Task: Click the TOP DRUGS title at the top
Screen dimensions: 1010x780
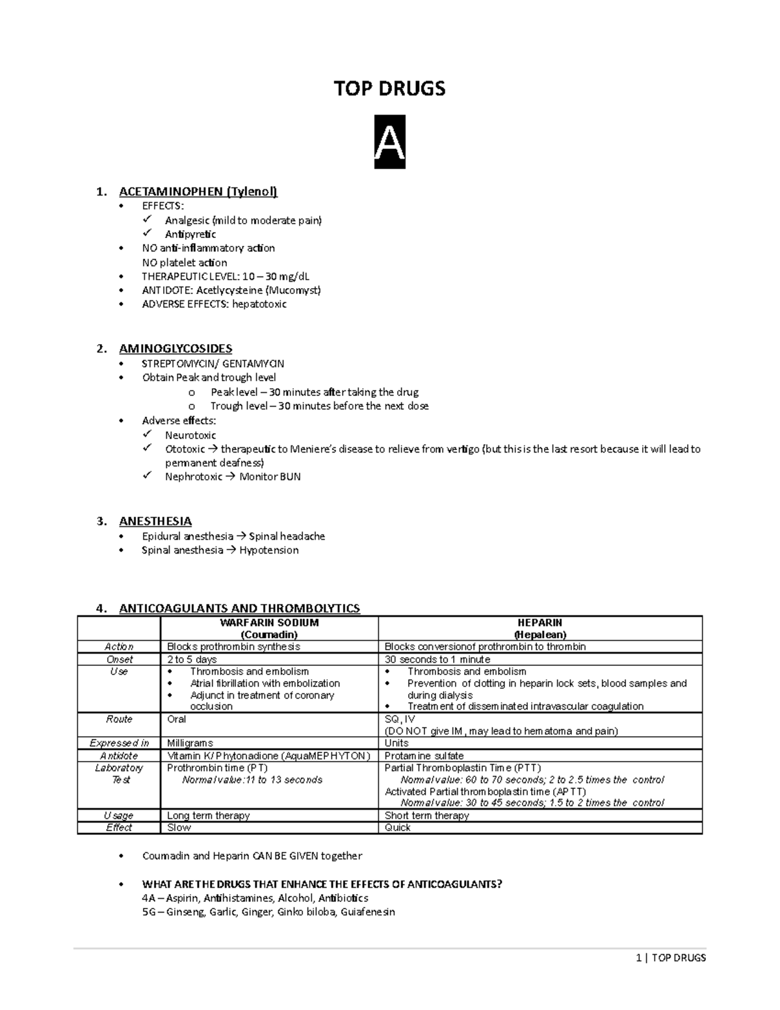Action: tap(389, 88)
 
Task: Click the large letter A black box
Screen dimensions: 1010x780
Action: tap(389, 142)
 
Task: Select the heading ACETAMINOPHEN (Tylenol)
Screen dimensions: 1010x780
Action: tap(198, 191)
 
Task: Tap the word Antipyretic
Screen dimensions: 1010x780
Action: tap(190, 234)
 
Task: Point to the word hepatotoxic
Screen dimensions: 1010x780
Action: tap(259, 304)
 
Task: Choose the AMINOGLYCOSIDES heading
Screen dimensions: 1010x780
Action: tap(175, 349)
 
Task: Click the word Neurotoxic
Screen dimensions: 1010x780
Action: tap(190, 435)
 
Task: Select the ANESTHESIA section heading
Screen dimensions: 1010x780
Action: tap(155, 521)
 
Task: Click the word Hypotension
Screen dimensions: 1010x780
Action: tap(269, 550)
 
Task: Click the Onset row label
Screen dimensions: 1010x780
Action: tap(119, 659)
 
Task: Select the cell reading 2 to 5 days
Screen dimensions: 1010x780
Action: tap(192, 659)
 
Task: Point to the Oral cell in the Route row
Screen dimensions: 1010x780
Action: tap(177, 719)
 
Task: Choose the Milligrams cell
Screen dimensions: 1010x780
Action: tap(190, 743)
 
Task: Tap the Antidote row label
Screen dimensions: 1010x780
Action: tap(119, 756)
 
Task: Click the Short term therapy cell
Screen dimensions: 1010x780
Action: tap(427, 816)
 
